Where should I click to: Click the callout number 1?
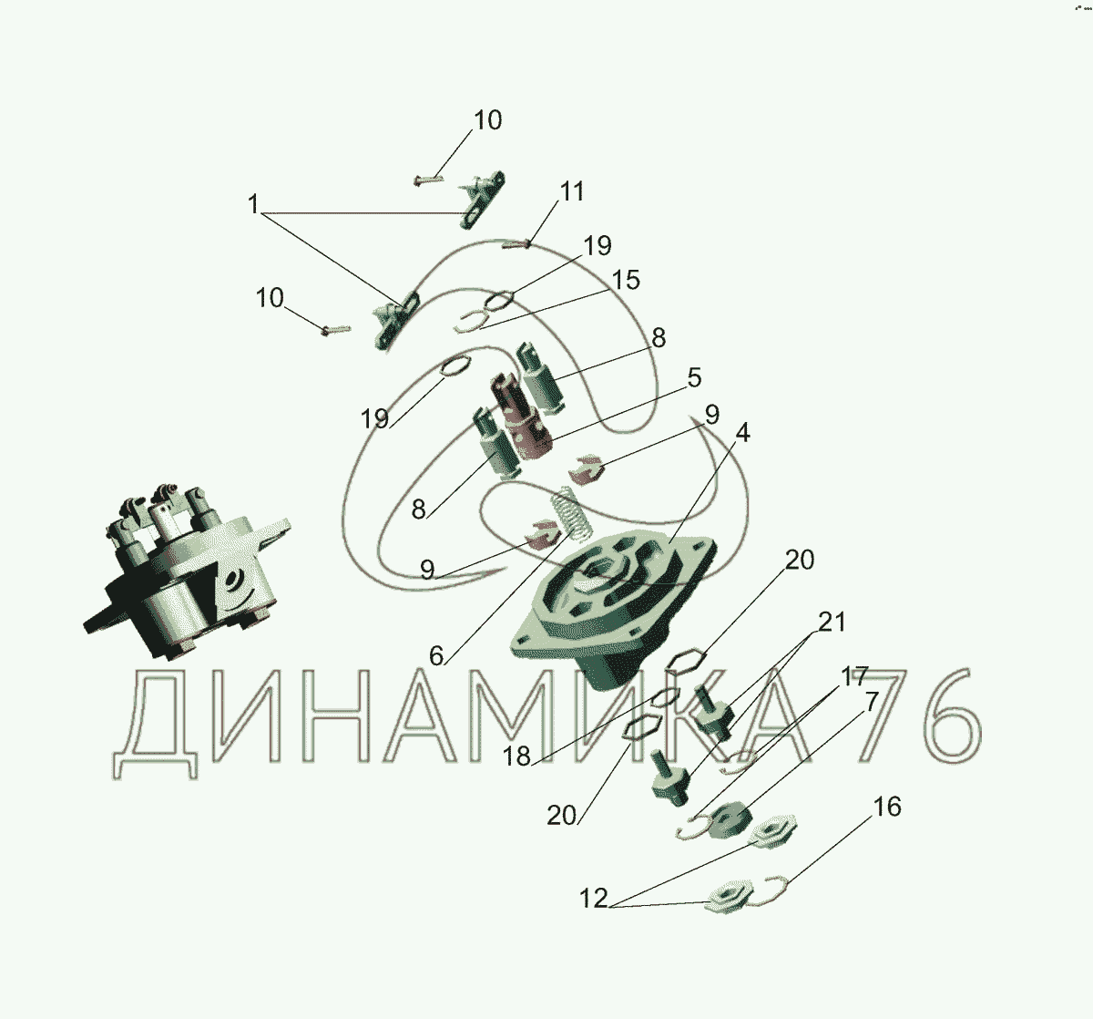(x=253, y=204)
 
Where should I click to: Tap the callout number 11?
(x=572, y=191)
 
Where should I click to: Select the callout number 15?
(x=626, y=280)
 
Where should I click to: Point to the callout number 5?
(x=695, y=378)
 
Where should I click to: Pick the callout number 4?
(x=742, y=433)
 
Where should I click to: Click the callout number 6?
(x=436, y=655)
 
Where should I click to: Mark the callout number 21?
(x=832, y=622)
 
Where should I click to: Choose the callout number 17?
(x=854, y=677)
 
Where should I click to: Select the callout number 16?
(x=887, y=807)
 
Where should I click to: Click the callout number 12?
(x=594, y=899)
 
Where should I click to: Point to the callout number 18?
(x=516, y=757)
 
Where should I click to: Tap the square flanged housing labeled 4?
(x=614, y=606)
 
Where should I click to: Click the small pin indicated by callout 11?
(x=516, y=244)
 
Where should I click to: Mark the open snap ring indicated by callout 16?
(x=769, y=891)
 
